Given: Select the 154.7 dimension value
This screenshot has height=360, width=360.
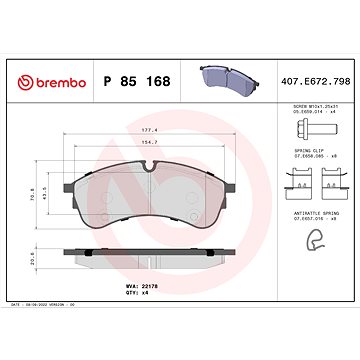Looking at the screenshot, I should [150, 143].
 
